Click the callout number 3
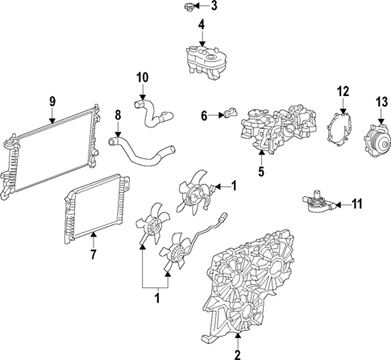(x=214, y=6)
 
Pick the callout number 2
(x=237, y=354)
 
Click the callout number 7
(x=92, y=255)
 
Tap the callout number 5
(x=260, y=171)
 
